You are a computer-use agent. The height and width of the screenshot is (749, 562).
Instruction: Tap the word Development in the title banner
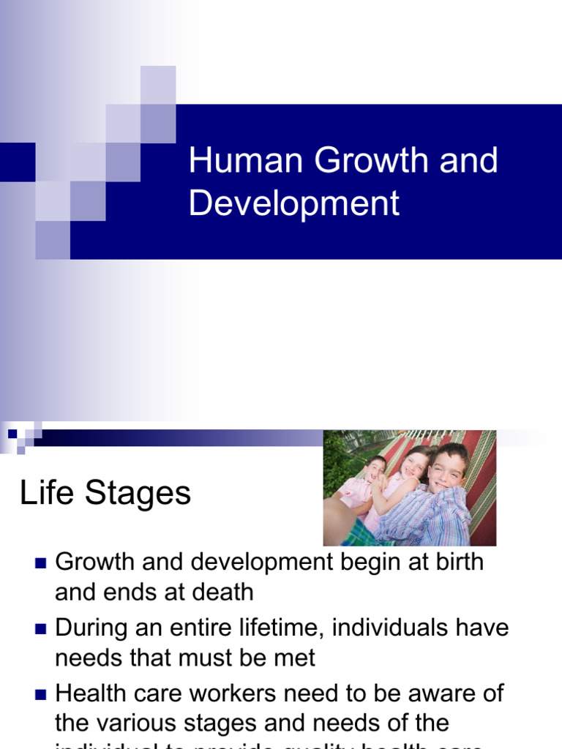coord(294,203)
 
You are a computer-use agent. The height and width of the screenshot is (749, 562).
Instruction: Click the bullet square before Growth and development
coord(40,563)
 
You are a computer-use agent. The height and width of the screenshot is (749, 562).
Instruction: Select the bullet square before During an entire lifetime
coord(40,629)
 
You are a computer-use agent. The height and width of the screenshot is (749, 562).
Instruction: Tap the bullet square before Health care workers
coord(40,694)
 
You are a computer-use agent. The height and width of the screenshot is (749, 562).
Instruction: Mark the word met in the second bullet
coord(296,658)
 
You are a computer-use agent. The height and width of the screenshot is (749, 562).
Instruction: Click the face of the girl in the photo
coord(413,465)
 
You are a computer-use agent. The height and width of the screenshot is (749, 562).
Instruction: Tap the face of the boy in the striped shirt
coord(446,468)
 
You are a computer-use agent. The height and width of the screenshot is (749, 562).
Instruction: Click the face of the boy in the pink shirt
coord(375,470)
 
